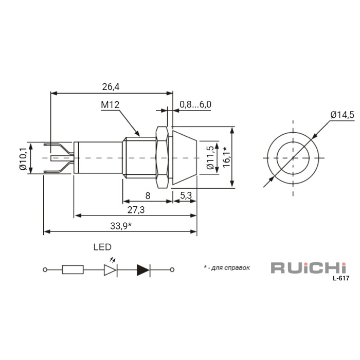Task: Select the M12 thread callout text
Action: [x=110, y=105]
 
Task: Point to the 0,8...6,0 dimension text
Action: [x=195, y=104]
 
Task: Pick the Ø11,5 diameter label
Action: [x=209, y=158]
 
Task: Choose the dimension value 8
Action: [x=148, y=195]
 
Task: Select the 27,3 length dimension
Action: [x=135, y=209]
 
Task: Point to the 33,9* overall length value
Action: [x=121, y=226]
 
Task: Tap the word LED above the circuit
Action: [x=102, y=247]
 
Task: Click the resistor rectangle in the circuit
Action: [x=73, y=269]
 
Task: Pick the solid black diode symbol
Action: [x=143, y=269]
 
